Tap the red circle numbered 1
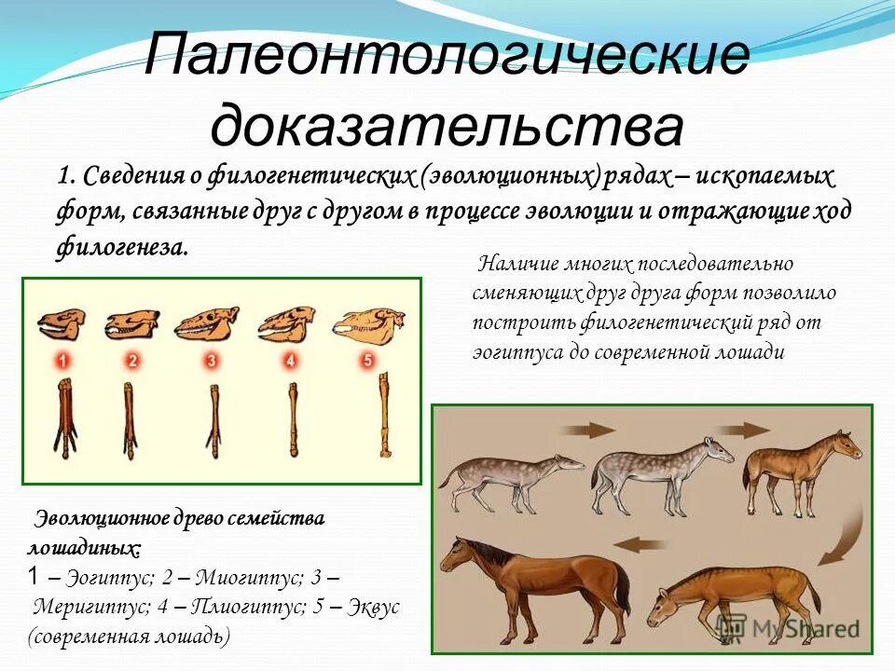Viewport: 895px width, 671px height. [x=62, y=360]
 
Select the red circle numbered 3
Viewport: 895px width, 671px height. [x=212, y=360]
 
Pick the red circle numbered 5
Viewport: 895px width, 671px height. [x=367, y=360]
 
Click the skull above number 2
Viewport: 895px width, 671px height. [x=131, y=324]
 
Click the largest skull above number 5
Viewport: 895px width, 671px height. [x=370, y=322]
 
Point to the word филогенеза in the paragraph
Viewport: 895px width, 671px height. [x=121, y=249]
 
